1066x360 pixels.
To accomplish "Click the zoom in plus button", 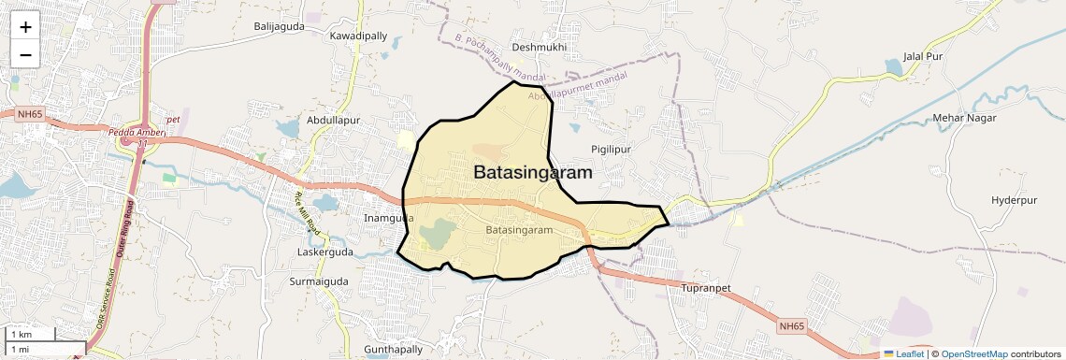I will pos(25,27).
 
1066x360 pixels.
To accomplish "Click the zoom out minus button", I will pos(25,55).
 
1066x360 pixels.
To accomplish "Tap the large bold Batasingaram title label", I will pos(533,173).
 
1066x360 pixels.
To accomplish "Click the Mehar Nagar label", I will pos(965,118).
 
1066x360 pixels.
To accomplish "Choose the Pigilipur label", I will pos(612,150).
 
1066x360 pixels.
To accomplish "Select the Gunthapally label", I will pos(394,349).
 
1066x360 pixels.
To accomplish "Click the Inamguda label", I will pos(387,218).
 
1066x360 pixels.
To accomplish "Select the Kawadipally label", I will pos(358,36).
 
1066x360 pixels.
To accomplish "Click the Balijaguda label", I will pos(280,26).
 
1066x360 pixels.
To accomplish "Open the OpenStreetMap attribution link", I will pos(973,353).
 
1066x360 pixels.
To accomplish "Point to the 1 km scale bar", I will pos(32,334).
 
